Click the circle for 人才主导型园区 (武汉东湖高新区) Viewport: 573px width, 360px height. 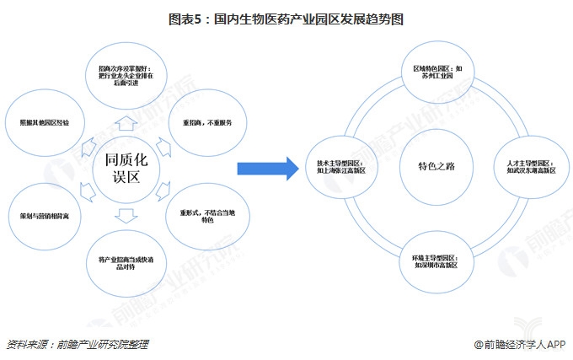tap(528, 166)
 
